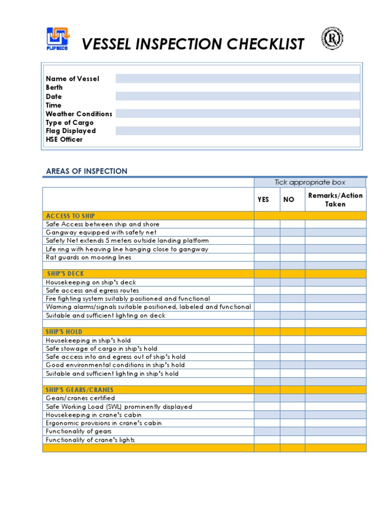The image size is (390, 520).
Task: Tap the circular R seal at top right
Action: tap(332, 39)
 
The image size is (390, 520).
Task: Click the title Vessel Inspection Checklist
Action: tap(193, 44)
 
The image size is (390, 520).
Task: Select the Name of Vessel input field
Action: tap(237, 79)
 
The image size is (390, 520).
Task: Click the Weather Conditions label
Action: tap(79, 114)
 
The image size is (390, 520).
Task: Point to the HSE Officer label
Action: tap(64, 139)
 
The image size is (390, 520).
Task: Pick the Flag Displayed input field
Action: tap(237, 131)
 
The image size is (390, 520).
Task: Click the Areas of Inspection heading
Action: tap(86, 171)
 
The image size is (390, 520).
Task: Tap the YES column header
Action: tap(263, 200)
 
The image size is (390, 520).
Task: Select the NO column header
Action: tap(288, 200)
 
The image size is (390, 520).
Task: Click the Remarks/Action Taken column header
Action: tap(335, 200)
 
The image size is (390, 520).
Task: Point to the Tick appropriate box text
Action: tap(310, 182)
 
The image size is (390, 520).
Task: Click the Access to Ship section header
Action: tap(70, 216)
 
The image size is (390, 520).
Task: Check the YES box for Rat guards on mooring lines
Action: tap(267, 257)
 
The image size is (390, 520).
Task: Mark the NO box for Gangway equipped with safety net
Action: tap(292, 233)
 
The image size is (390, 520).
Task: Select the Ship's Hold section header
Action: tap(63, 332)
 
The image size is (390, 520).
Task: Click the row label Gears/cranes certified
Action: tap(80, 398)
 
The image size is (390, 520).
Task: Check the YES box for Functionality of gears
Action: tap(267, 431)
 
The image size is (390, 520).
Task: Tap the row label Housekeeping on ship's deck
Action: tap(91, 282)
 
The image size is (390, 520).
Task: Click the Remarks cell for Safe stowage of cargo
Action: tap(335, 349)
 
